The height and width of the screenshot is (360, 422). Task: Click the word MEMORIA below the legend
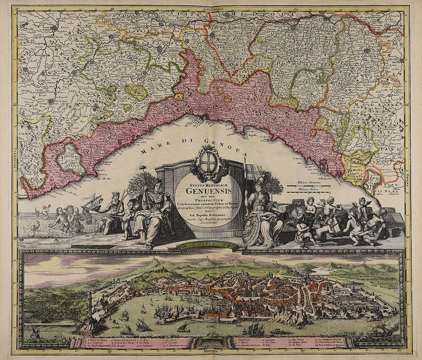click(x=211, y=354)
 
